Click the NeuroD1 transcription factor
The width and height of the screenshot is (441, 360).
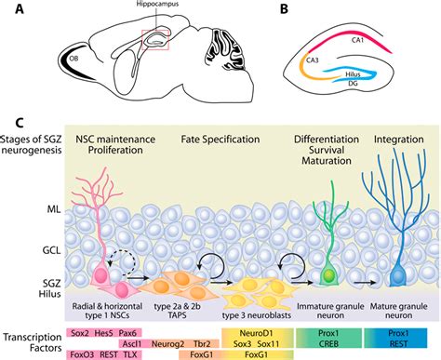(x=252, y=331)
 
